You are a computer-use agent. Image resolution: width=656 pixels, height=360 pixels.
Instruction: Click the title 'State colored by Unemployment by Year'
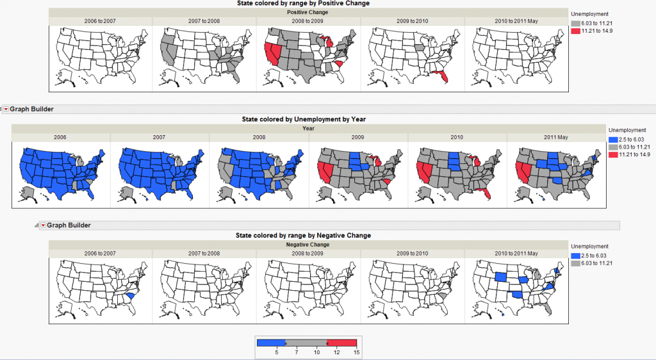[x=303, y=119]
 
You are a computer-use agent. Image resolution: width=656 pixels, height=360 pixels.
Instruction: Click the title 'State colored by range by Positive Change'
[x=303, y=3]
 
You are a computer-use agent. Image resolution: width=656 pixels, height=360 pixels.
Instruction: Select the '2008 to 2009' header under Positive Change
[x=308, y=21]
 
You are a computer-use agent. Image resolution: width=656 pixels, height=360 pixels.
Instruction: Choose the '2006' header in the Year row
[x=61, y=137]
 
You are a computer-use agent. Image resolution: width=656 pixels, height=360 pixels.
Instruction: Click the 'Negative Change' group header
[x=308, y=245]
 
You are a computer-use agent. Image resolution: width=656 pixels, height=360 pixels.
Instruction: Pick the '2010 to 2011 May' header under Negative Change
[x=516, y=253]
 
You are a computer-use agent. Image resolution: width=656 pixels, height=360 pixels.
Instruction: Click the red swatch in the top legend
[x=575, y=31]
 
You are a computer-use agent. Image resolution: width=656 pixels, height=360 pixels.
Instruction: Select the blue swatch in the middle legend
[x=612, y=139]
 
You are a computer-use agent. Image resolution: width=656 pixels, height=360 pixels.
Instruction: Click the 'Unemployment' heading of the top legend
[x=589, y=13]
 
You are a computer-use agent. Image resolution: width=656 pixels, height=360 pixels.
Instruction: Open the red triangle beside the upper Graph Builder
[x=6, y=110]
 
